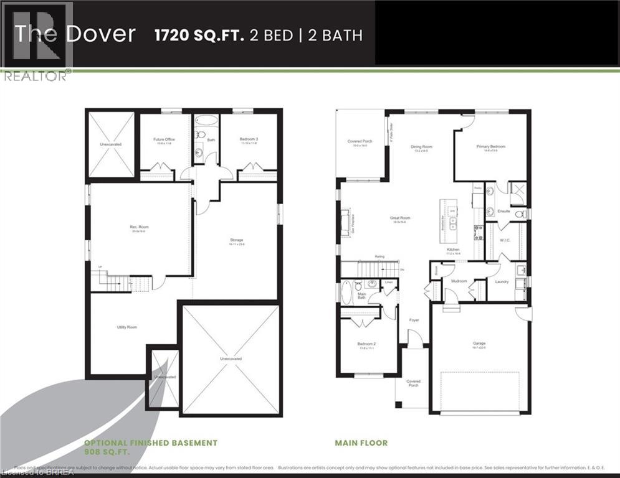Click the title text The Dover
[x=75, y=34]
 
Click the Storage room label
[x=236, y=240]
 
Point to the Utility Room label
[x=126, y=327]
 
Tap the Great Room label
[x=399, y=218]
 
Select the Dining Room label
[x=421, y=147]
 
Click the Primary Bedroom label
[x=491, y=147]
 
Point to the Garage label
[x=479, y=343]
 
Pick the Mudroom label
[x=459, y=281]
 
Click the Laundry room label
[x=502, y=281]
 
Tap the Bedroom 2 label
[x=366, y=344]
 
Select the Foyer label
[x=414, y=320]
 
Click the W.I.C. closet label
[x=505, y=240]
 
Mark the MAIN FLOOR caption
[x=361, y=443]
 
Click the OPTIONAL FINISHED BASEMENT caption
[x=151, y=443]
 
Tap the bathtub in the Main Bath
[x=347, y=292]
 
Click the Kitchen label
[x=452, y=250]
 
